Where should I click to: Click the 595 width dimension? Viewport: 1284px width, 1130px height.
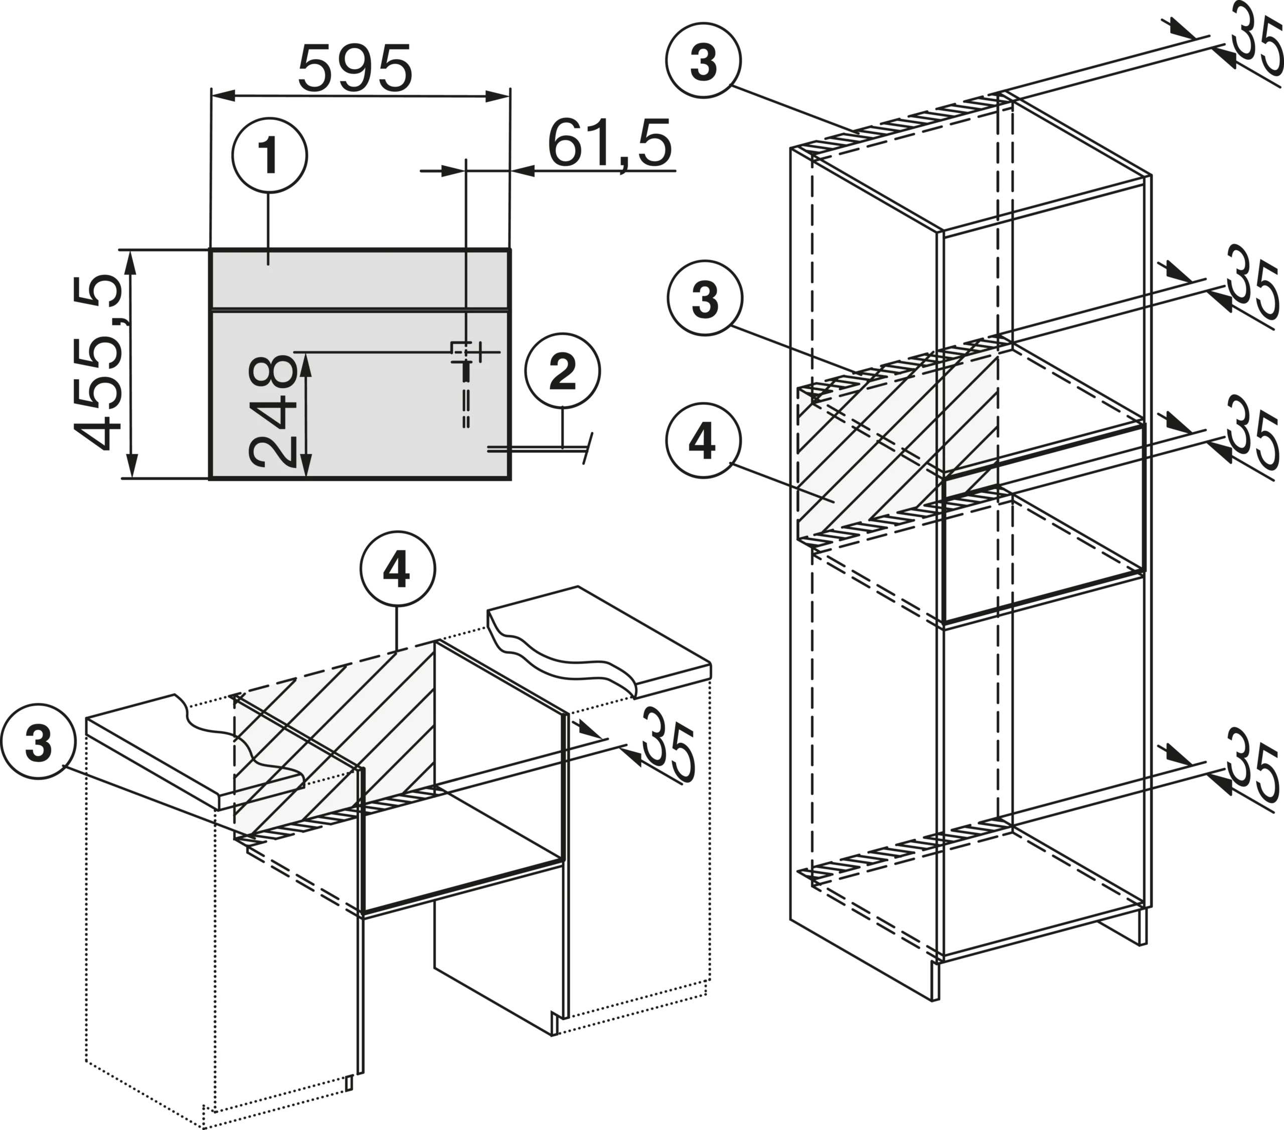pos(355,68)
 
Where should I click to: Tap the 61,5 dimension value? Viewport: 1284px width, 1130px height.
pos(609,145)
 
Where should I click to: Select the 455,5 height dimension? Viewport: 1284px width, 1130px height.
pos(97,363)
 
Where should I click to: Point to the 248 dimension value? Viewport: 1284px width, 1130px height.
pos(272,412)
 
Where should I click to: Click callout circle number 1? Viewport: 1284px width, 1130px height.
pos(269,156)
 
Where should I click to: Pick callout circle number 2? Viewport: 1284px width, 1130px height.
pos(562,371)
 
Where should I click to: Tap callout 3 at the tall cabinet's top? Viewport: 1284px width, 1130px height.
pos(704,61)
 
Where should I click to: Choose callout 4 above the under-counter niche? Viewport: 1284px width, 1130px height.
pos(397,570)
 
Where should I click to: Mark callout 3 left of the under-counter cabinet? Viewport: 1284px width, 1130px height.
pos(38,742)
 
